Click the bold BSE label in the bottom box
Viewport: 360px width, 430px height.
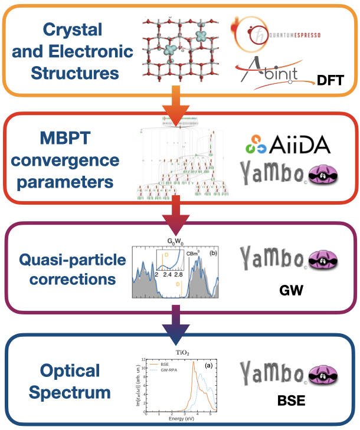pyautogui.click(x=293, y=402)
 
